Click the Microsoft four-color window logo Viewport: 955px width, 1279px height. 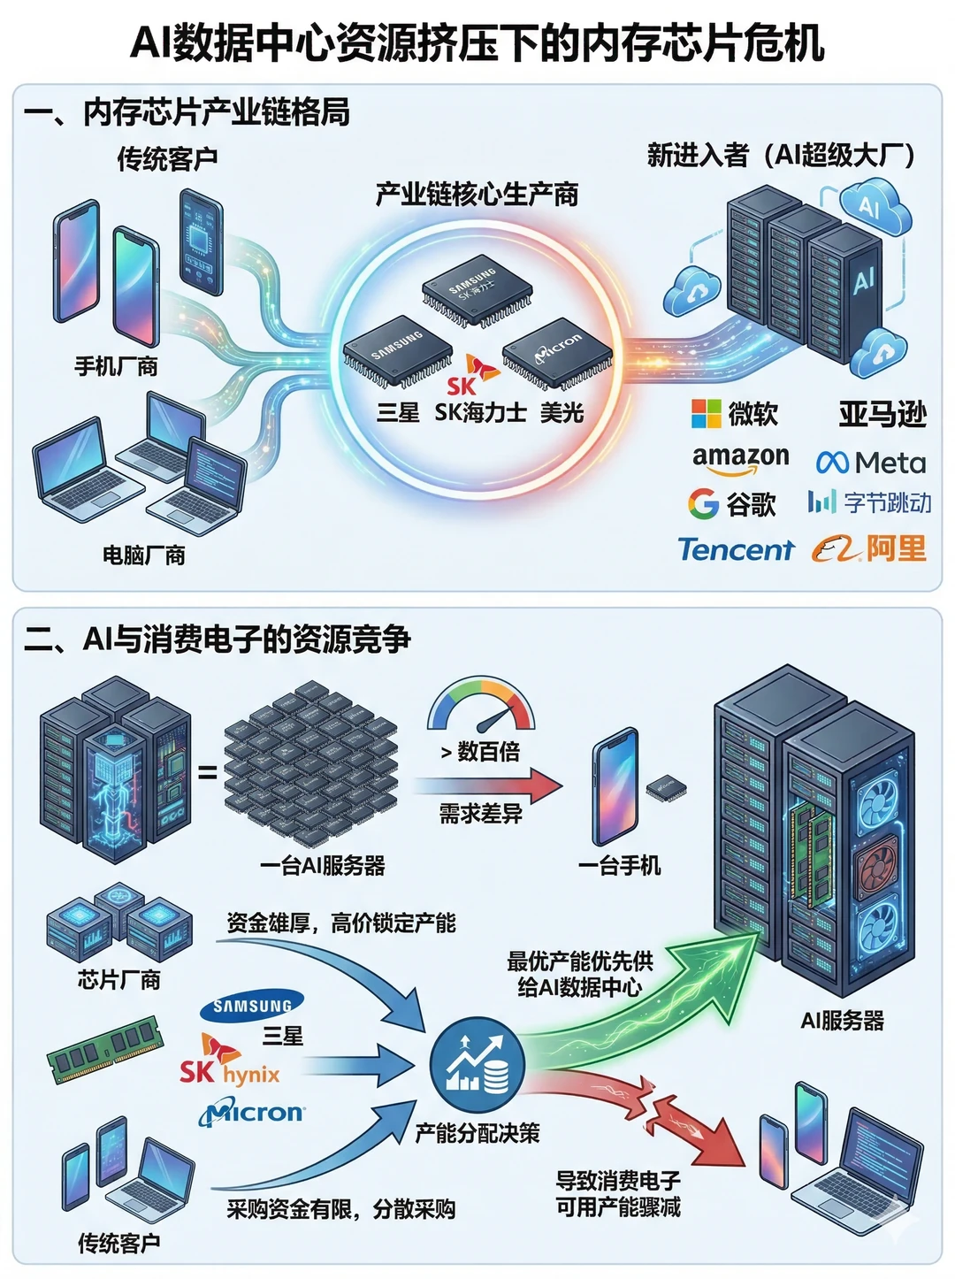pos(706,414)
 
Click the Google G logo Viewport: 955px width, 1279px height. pos(704,503)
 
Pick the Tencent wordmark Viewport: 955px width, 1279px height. pos(736,549)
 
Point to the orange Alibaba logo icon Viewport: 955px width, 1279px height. pos(837,549)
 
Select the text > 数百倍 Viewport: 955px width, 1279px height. pos(480,752)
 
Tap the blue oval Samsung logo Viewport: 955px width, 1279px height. pos(251,1006)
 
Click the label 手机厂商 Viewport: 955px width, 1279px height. pos(116,366)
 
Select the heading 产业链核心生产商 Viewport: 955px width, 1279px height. pos(477,195)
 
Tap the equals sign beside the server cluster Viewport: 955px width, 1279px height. pos(207,773)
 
